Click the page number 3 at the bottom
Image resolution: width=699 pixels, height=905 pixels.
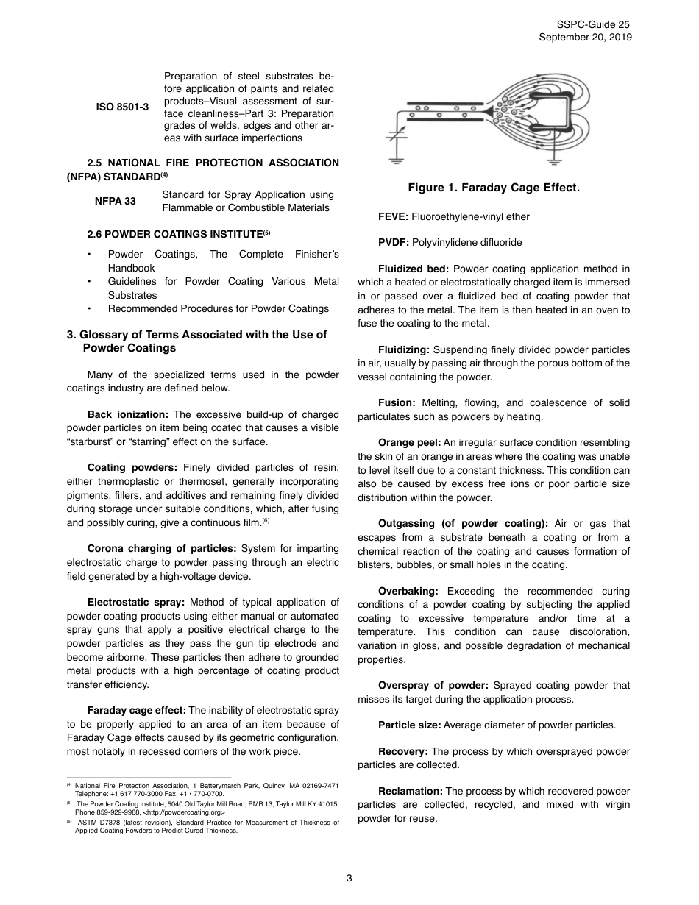(349, 877)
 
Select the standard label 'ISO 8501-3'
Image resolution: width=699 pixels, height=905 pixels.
(122, 107)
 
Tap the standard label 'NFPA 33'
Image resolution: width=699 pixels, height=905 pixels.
(115, 201)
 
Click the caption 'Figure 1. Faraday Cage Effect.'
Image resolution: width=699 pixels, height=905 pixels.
(494, 188)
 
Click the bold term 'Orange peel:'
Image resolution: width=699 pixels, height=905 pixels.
(410, 443)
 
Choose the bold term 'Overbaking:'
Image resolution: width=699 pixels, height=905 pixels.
(408, 592)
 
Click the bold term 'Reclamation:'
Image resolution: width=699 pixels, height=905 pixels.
(411, 792)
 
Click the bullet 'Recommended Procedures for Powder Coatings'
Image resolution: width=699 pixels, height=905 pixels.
(218, 308)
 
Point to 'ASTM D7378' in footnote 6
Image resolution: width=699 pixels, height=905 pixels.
(96, 823)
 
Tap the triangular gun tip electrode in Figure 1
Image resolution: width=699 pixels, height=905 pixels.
(488, 110)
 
